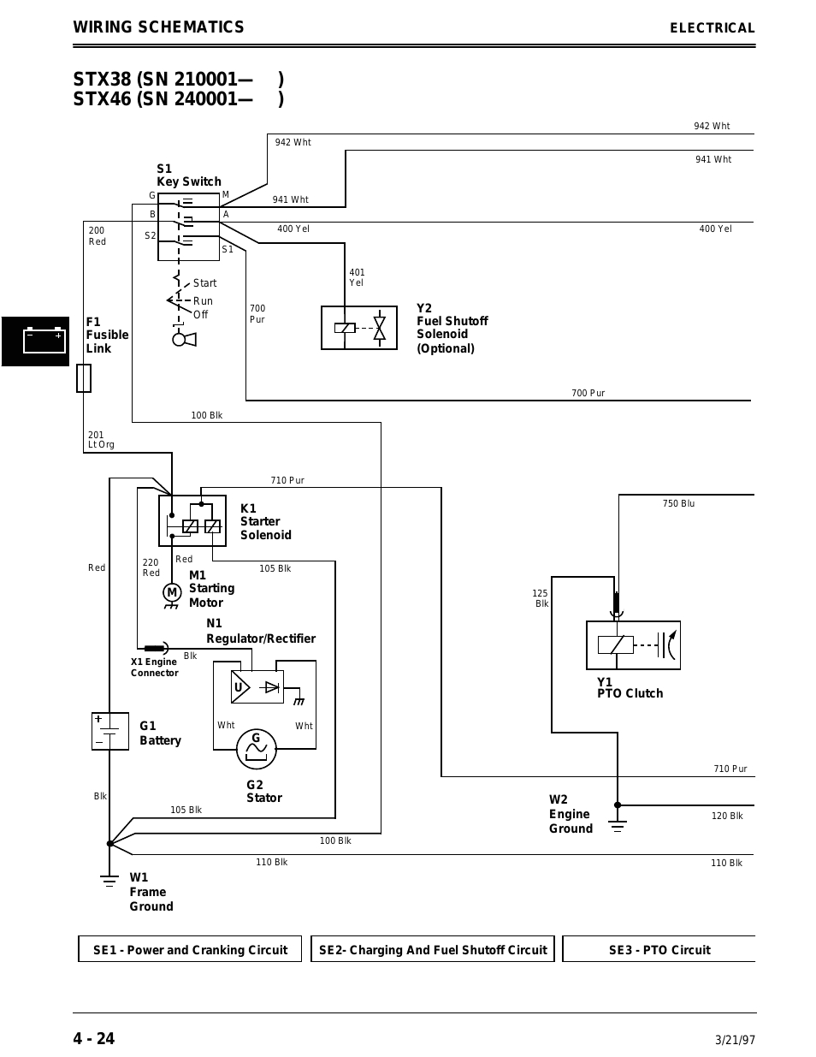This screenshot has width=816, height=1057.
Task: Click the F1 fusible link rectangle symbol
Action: point(84,377)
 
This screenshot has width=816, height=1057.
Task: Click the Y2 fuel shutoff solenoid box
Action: point(359,328)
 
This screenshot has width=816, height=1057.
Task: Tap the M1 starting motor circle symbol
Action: point(172,592)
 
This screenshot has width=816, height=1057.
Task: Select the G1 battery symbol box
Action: point(109,731)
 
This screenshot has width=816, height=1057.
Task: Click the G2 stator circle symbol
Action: point(257,748)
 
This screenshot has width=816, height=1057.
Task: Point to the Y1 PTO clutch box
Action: point(633,645)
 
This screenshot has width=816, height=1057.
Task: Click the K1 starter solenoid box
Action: point(192,520)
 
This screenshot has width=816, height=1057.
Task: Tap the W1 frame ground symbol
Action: point(109,879)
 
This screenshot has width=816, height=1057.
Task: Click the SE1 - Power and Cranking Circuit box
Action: point(190,949)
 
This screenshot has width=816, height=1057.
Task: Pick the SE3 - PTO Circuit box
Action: point(659,949)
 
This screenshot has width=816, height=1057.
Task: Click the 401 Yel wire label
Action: point(356,277)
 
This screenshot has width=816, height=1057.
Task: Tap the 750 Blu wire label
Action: point(678,503)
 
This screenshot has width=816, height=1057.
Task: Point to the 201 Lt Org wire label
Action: point(100,440)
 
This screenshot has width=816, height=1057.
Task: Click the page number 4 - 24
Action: point(93,1039)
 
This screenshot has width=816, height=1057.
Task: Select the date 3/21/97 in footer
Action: point(735,1041)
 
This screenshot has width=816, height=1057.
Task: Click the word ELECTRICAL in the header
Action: point(712,28)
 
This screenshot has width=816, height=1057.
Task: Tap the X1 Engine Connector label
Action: point(154,668)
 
